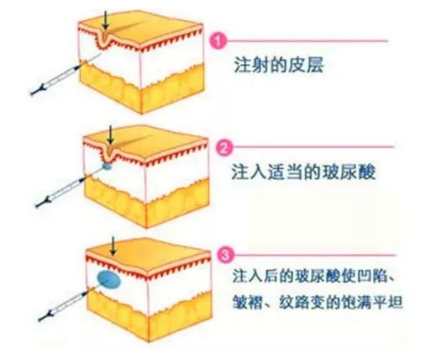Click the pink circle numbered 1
point(218,41)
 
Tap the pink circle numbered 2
point(224,147)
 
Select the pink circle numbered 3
point(225,256)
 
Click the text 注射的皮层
point(279,66)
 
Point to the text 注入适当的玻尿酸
point(303,172)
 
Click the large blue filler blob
point(109,279)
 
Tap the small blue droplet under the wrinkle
point(107,167)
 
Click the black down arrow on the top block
point(105,20)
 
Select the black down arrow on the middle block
point(111,135)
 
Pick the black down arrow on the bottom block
point(113,246)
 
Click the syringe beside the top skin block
point(65,74)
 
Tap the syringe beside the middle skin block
point(70,186)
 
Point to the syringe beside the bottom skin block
point(69,303)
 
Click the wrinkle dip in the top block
point(105,40)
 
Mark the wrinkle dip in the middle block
point(111,155)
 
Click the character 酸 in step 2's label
point(367,172)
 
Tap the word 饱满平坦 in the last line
point(372,302)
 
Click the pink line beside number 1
point(307,41)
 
